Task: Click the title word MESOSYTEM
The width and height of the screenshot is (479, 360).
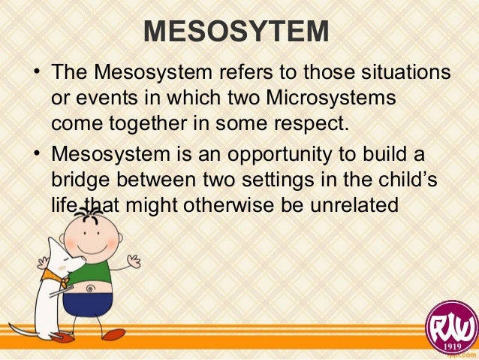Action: pyautogui.click(x=236, y=32)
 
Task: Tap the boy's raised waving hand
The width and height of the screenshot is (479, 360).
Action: pyautogui.click(x=134, y=262)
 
